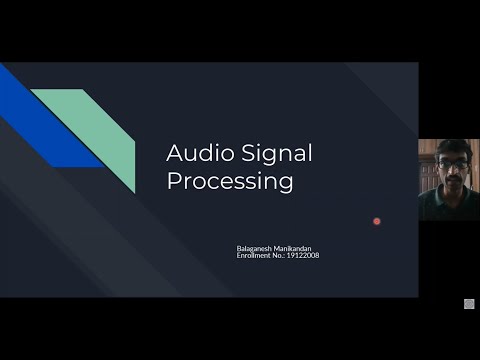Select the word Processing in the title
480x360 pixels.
coord(230,182)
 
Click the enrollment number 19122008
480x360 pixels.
coord(303,256)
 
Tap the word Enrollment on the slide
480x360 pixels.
coord(248,256)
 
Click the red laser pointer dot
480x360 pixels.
coord(377,221)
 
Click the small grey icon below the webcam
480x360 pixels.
coord(468,304)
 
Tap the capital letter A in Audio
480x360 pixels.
coord(173,154)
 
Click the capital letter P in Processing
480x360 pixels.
coord(173,182)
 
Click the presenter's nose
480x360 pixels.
coord(448,171)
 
